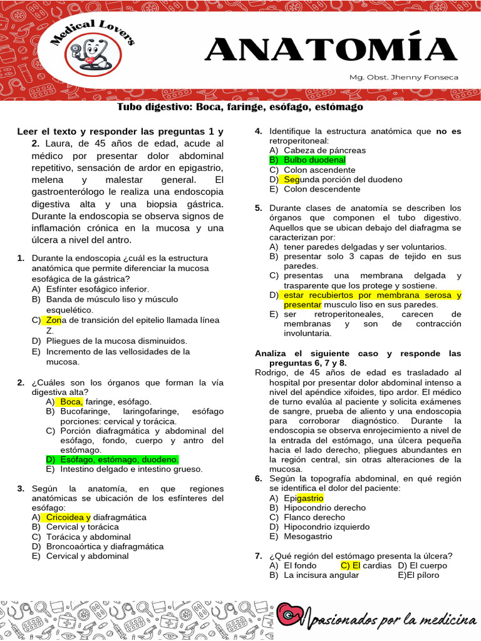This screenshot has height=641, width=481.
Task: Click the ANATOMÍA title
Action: click(331, 50)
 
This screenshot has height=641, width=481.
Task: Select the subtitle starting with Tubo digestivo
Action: click(240, 107)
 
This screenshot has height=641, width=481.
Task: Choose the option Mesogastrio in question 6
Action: click(308, 536)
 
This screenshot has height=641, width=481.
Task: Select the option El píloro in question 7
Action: click(423, 575)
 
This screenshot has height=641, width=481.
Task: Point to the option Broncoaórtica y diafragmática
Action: click(105, 546)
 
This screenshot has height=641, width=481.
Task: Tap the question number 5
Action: click(258, 208)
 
